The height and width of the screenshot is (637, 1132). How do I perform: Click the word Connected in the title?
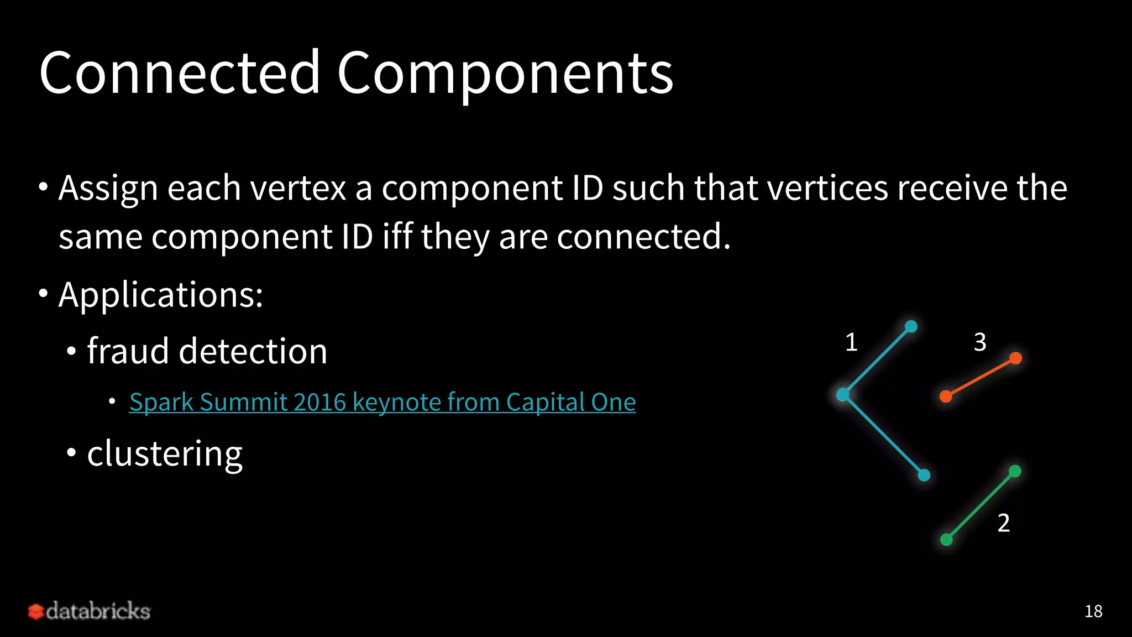[x=180, y=73]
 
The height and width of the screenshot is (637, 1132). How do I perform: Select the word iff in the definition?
[x=397, y=236]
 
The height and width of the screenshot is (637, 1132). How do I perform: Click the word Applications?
[x=160, y=294]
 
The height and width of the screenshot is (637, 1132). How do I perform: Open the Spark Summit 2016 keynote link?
[x=382, y=402]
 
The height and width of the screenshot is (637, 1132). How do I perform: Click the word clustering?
[x=165, y=453]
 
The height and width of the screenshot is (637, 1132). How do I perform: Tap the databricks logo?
[x=89, y=611]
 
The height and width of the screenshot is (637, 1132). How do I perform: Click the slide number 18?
[x=1093, y=611]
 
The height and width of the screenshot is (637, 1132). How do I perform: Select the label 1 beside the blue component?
[x=851, y=342]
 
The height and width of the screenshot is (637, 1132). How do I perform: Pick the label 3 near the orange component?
[x=980, y=342]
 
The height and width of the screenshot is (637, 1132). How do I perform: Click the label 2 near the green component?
[x=1003, y=523]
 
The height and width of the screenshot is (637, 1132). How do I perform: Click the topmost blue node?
[x=911, y=326]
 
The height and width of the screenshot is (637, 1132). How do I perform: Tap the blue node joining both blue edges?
[x=842, y=394]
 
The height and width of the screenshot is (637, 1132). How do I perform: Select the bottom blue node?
[x=924, y=475]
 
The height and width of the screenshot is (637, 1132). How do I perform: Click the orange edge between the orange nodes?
[x=981, y=377]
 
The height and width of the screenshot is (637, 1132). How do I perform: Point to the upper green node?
[x=1015, y=471]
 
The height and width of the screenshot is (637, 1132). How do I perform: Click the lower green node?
[x=946, y=539]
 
